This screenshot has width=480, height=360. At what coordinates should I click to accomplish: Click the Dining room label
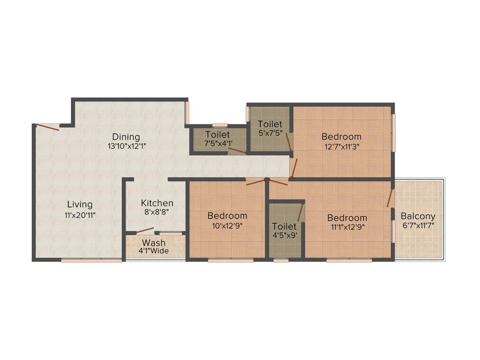(126, 137)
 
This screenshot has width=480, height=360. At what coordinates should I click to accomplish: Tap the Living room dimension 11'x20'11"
(80, 216)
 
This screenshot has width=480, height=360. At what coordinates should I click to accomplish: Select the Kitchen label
(157, 203)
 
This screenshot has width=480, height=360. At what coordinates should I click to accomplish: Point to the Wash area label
(154, 243)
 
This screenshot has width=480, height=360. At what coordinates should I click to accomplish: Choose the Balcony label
(418, 216)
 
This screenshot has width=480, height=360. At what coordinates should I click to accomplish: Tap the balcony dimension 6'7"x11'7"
(418, 225)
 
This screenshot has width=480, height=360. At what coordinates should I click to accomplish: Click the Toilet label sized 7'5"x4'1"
(217, 135)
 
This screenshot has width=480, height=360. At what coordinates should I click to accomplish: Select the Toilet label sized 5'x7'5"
(270, 124)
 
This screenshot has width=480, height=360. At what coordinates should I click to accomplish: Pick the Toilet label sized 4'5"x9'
(285, 226)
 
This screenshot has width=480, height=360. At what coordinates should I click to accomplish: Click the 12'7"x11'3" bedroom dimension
(341, 146)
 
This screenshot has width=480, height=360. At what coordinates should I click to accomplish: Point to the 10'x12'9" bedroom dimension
(227, 225)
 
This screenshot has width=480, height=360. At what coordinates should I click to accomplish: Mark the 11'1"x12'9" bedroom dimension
(347, 227)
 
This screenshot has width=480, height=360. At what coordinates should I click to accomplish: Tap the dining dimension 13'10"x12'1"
(126, 146)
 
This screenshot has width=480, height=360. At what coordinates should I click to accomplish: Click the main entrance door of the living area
(48, 127)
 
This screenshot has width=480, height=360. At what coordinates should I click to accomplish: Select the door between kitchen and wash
(145, 230)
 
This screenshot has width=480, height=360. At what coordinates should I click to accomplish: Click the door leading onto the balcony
(390, 198)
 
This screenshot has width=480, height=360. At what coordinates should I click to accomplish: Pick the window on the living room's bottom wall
(91, 260)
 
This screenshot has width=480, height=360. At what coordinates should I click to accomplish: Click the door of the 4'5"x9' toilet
(300, 213)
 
